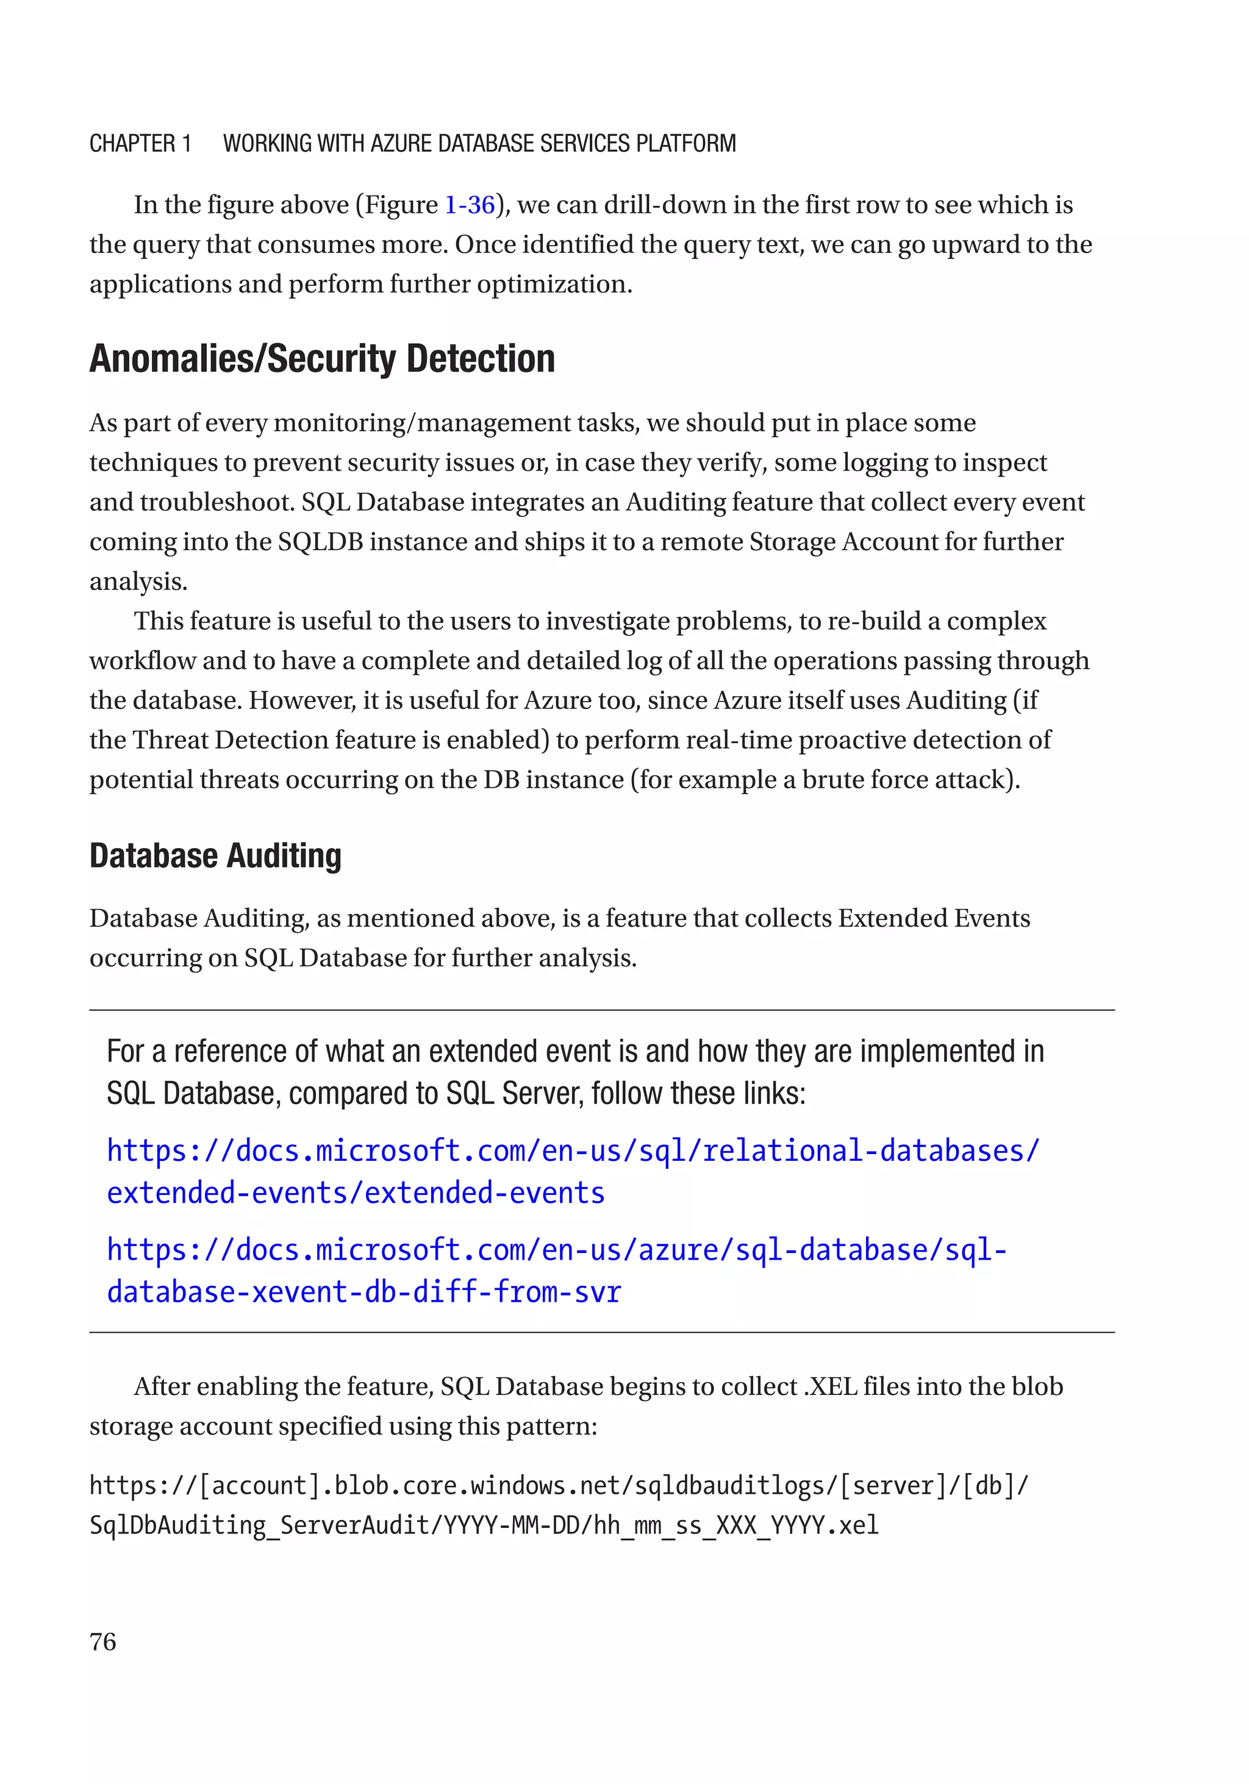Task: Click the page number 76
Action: [102, 1641]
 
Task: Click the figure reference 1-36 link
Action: [470, 205]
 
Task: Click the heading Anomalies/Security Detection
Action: [322, 359]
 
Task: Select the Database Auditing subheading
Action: [215, 855]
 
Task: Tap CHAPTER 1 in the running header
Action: [140, 144]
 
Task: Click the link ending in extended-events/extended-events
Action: [355, 1193]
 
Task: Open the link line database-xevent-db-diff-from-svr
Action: [363, 1291]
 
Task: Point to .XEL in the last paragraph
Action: [830, 1387]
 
